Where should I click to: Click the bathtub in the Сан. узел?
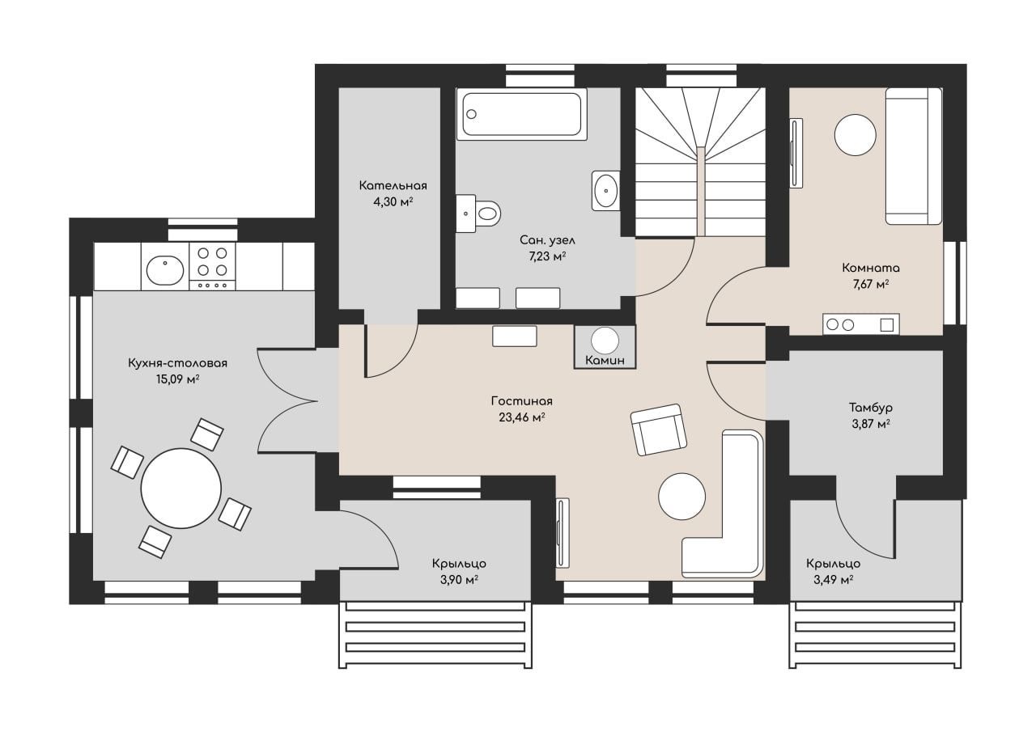coord(522,114)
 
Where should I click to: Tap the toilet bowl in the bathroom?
coord(487,214)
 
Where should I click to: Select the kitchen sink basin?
coord(165,270)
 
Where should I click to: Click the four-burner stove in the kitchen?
coord(212,267)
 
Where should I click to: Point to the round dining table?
coord(181,488)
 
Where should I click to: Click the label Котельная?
coord(393,186)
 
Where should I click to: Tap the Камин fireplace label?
coord(605,361)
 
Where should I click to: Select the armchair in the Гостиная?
coord(659,429)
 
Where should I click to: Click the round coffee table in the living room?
coord(681,497)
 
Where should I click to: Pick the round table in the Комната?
coord(856,135)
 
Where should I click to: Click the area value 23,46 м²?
coord(522,417)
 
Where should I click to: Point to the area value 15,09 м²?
coord(178,379)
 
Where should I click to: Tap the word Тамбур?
coord(871,408)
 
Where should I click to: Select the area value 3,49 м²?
coord(834,579)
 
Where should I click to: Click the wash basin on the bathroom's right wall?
coord(606,191)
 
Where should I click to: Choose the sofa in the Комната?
coord(914,156)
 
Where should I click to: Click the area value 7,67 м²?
coord(871,284)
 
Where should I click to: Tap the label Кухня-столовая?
coord(178,363)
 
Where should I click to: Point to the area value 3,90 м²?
coord(459,579)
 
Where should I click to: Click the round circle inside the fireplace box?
coord(605,341)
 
